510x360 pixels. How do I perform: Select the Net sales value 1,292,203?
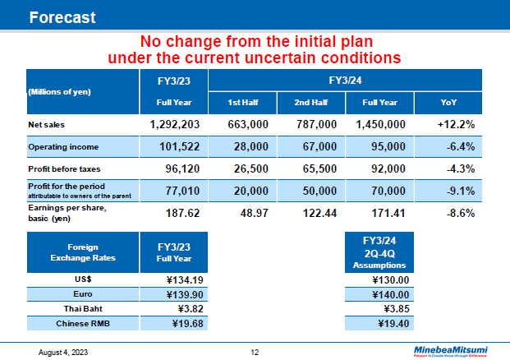(175, 124)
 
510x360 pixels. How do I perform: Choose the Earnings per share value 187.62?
(175, 212)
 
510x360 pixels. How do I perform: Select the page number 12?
(255, 353)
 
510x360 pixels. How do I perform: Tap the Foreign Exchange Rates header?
(80, 252)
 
